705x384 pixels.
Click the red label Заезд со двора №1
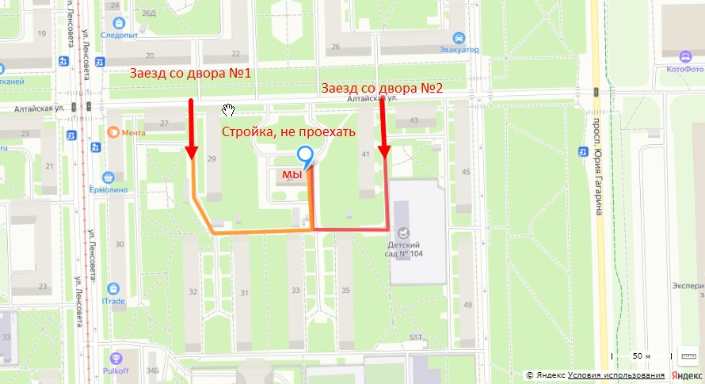click(x=191, y=74)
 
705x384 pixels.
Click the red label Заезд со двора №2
click(x=381, y=88)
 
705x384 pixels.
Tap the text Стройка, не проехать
click(x=288, y=131)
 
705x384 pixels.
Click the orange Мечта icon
click(x=113, y=133)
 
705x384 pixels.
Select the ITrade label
click(x=113, y=300)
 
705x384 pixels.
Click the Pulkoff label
click(x=116, y=369)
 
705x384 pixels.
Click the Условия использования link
click(x=615, y=374)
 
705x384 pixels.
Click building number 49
click(x=468, y=305)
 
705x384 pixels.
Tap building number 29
click(x=211, y=160)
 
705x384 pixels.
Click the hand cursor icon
click(x=229, y=108)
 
